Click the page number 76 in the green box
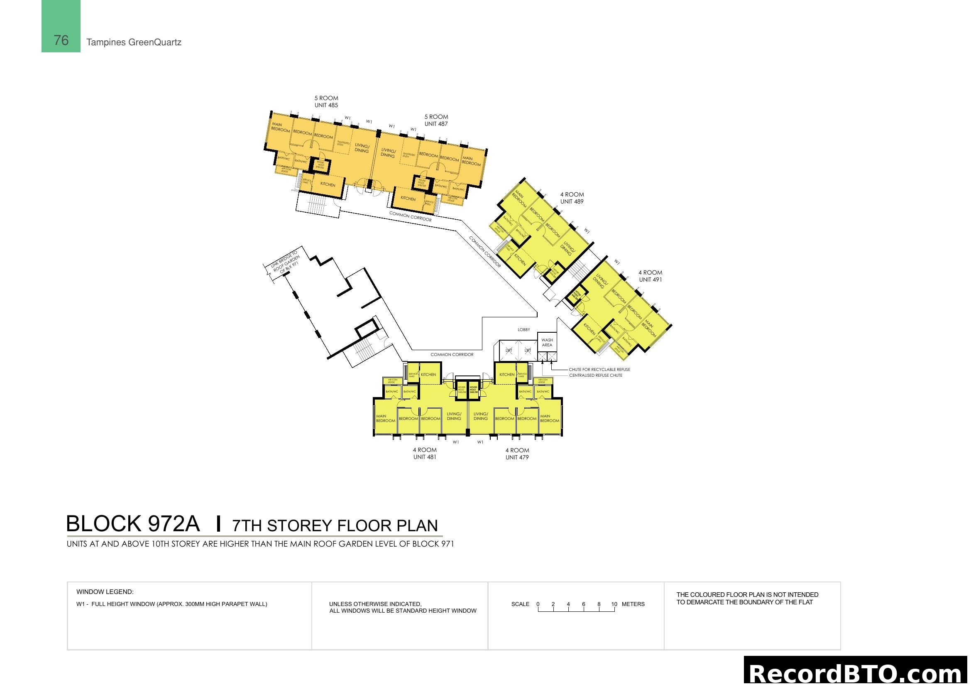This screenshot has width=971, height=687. tap(61, 40)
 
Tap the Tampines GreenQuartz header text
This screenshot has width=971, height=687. tap(134, 42)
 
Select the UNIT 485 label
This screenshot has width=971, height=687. tap(326, 105)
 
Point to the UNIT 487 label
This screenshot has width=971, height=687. tap(436, 124)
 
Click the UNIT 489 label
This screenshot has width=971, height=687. tap(572, 201)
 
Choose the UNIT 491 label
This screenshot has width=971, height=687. tap(651, 279)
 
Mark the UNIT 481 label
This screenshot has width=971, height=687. tap(425, 457)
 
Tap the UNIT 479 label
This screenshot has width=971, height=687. tap(517, 457)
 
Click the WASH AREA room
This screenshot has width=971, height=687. tap(547, 342)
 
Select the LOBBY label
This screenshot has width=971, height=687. tap(523, 329)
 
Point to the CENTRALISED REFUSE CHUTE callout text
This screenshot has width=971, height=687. tap(595, 375)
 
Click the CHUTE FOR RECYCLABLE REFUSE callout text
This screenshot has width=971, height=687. tap(599, 369)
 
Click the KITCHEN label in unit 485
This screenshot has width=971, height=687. tap(328, 184)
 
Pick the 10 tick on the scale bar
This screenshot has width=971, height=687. tap(614, 604)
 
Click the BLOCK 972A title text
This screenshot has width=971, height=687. tap(133, 524)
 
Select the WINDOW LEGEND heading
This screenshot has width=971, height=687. tap(105, 592)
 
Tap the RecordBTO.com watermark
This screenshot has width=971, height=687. tap(857, 673)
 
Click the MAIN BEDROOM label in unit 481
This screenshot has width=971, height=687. tap(385, 418)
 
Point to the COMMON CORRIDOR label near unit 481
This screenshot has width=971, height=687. tap(452, 354)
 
